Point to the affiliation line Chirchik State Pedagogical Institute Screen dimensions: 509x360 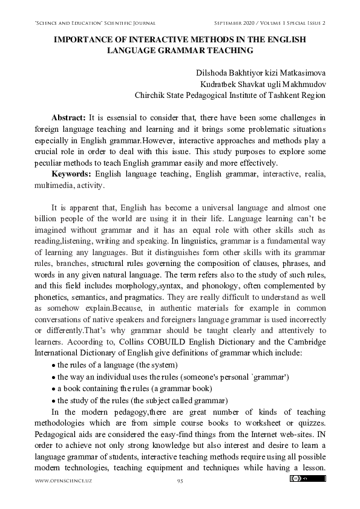pos(229,95)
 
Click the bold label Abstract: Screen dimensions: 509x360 pos(69,117)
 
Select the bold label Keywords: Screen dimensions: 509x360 pos(72,174)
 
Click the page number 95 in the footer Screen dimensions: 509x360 pos(180,480)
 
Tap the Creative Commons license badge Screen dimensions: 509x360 pos(304,479)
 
